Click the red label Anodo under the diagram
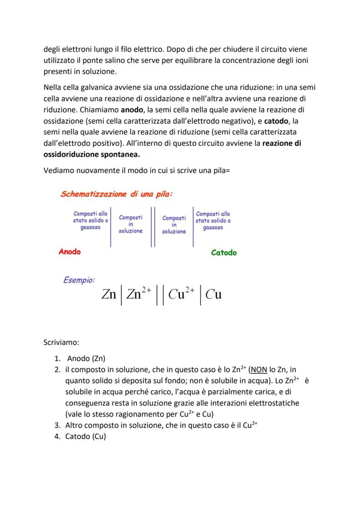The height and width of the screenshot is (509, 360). tap(70, 252)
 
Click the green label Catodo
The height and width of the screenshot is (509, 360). tap(223, 253)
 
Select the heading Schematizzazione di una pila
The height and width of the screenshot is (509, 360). tap(116, 194)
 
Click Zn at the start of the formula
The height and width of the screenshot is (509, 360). tap(109, 295)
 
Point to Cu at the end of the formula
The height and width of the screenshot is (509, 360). tap(213, 295)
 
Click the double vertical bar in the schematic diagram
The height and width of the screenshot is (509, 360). tap(153, 226)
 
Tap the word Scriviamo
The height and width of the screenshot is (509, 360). tap(61, 343)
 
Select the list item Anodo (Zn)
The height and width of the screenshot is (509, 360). tap(86, 359)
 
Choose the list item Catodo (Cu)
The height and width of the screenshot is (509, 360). tap(86, 437)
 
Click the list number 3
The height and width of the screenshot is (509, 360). tap(57, 426)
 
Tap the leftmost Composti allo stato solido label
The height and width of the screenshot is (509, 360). tap(90, 220)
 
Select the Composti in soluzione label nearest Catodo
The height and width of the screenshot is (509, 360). tap(174, 224)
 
